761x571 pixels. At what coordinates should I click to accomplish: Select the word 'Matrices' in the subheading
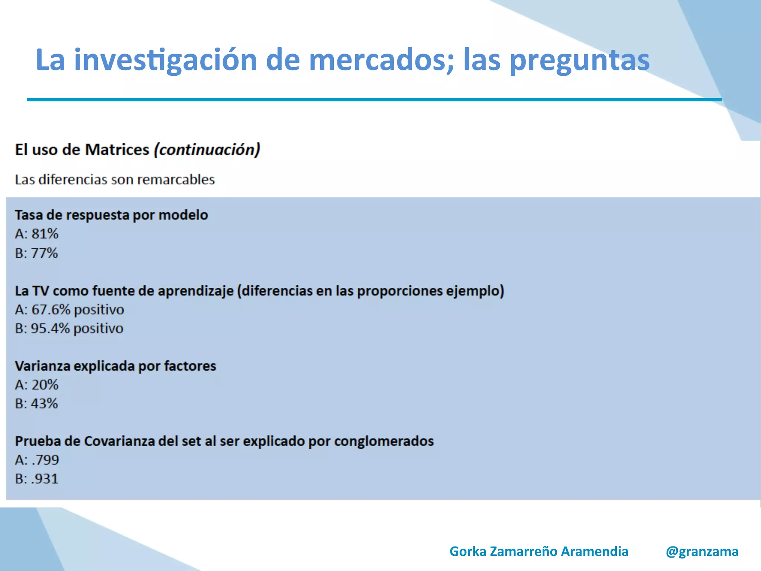(117, 150)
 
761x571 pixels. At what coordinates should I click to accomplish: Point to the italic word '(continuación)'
(207, 150)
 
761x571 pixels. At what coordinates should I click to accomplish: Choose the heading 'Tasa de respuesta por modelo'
(111, 215)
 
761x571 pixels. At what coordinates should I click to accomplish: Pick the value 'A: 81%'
(37, 234)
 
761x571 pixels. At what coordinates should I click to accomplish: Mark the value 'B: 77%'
(36, 253)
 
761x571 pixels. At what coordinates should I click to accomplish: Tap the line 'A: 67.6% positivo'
(69, 310)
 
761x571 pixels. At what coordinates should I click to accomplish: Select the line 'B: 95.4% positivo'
(69, 329)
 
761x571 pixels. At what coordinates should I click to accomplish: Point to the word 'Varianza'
(42, 366)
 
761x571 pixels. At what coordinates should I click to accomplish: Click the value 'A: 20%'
(37, 385)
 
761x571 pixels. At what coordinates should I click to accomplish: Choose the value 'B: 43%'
(36, 404)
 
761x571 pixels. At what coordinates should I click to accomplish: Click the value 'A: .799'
(37, 460)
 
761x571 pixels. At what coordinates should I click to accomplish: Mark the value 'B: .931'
(37, 479)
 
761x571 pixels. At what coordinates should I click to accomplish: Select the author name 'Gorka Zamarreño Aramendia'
(539, 551)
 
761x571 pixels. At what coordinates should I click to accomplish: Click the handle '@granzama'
(702, 552)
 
